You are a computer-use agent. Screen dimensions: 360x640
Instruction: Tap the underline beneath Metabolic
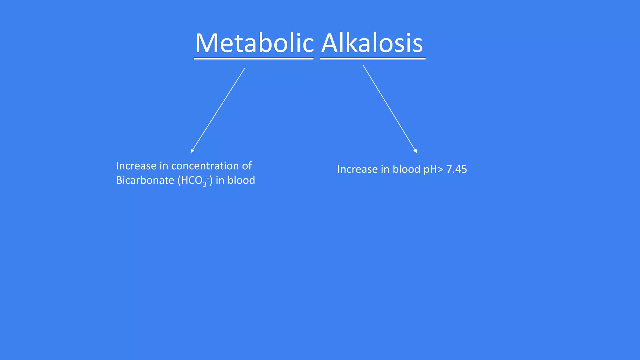254,58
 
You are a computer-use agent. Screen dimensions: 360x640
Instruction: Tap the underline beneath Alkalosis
373,58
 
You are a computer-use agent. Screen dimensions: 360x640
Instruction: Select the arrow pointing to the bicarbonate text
218,110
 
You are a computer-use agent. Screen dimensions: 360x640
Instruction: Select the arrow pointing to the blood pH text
390,109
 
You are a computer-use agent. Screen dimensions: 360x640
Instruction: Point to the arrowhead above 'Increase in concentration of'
192,151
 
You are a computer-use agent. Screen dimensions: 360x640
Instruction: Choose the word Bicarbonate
145,180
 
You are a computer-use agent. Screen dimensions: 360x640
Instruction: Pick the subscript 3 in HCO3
204,184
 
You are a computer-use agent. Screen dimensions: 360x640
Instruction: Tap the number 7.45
457,169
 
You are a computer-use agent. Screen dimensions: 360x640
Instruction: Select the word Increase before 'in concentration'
136,166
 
